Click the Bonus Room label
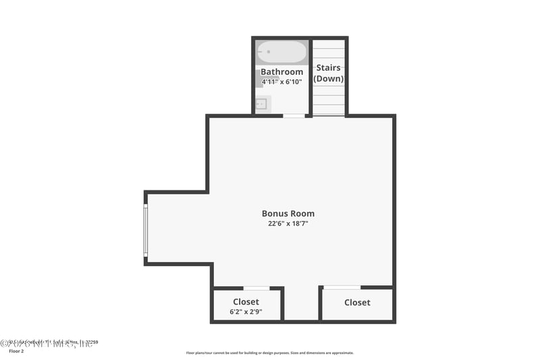coord(288,213)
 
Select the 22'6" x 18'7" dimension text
coord(288,224)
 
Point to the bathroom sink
coord(262,104)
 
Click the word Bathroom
coord(281,72)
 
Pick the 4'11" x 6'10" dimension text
coord(281,82)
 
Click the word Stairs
coord(329,68)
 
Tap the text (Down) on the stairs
coord(329,78)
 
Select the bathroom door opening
coord(294,116)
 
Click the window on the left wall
coord(145,230)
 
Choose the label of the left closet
coord(246,301)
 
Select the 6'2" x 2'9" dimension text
coord(246,312)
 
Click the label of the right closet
coord(357,303)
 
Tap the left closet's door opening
coord(256,288)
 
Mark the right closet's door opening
coord(342,288)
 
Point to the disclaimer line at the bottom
coord(269,353)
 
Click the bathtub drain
coord(267,51)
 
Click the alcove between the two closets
coord(302,304)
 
